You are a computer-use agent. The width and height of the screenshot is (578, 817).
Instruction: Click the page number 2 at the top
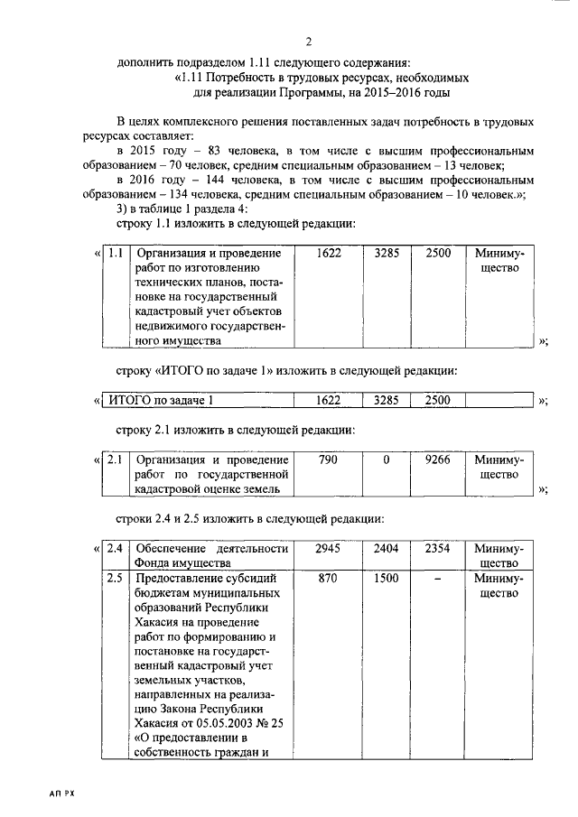(308, 42)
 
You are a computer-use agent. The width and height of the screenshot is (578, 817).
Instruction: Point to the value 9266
(438, 460)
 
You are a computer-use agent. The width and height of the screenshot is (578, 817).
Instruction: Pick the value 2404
(386, 548)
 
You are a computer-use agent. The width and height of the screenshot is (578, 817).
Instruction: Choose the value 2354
(438, 548)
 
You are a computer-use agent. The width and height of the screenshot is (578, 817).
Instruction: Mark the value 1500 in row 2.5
(386, 578)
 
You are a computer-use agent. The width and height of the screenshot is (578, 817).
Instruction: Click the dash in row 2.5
(438, 578)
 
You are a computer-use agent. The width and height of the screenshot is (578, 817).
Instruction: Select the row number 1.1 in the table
(115, 254)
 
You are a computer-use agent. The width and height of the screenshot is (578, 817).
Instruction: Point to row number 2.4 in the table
(115, 548)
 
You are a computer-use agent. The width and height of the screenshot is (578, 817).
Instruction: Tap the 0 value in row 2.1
(386, 460)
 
